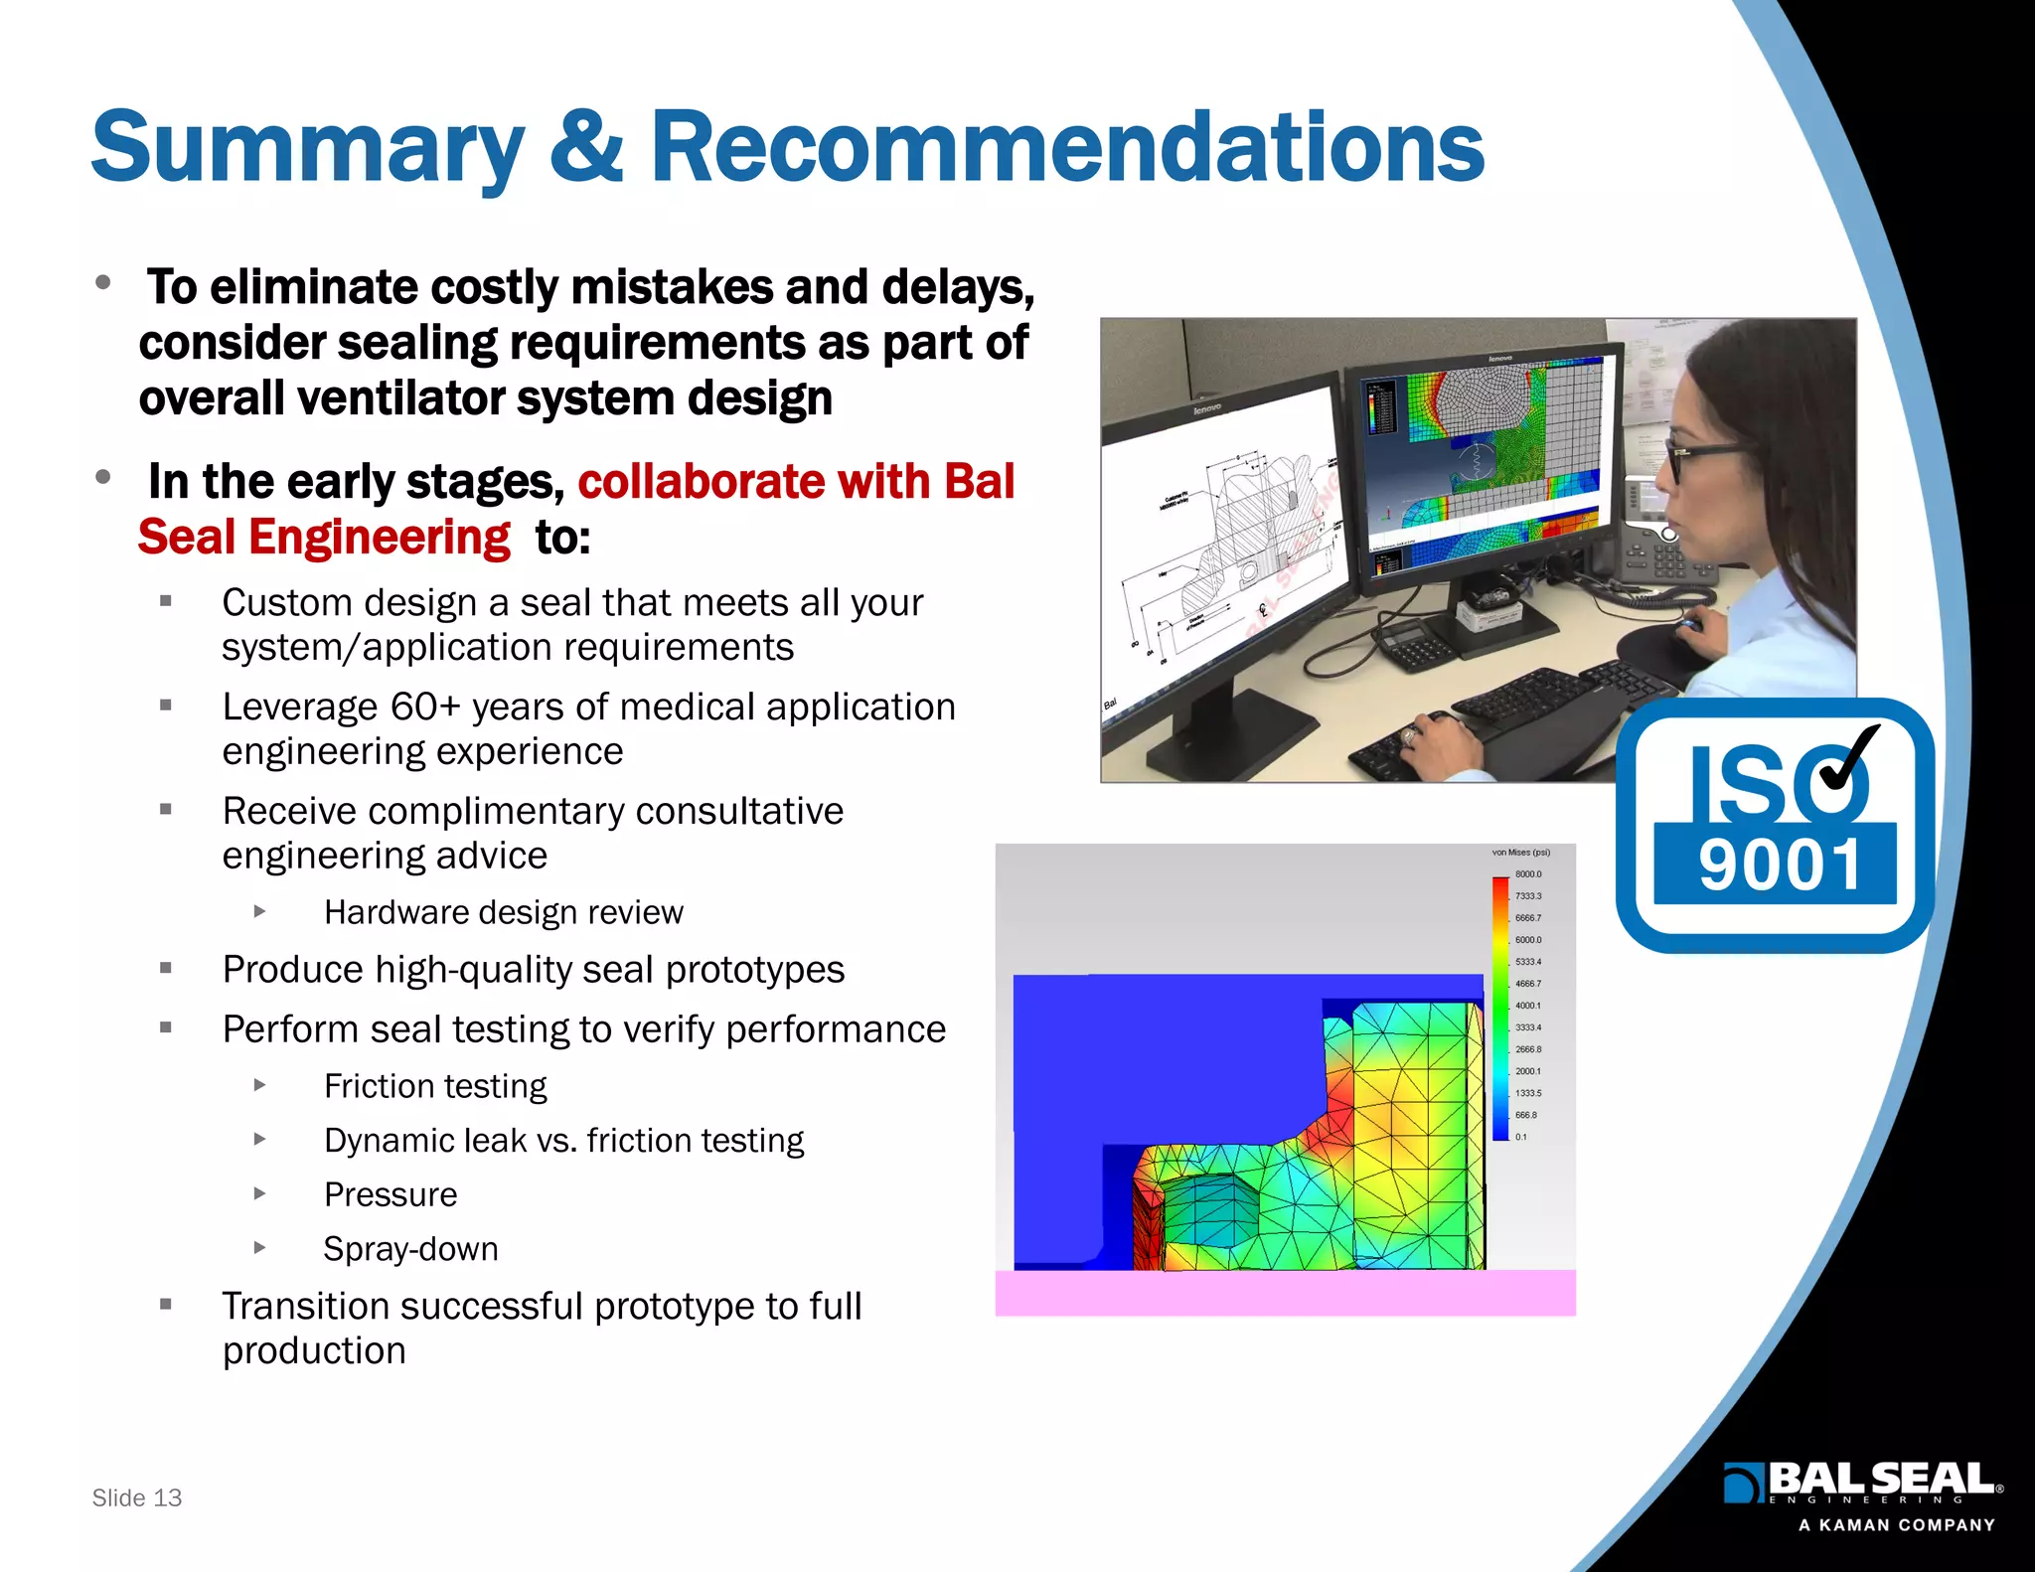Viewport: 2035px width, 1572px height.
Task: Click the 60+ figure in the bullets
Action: pyautogui.click(x=425, y=707)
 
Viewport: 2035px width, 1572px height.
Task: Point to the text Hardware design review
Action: pyautogui.click(x=503, y=912)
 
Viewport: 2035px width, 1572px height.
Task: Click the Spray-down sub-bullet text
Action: pyautogui.click(x=410, y=1248)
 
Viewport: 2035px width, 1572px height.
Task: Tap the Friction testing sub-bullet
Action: pyautogui.click(x=435, y=1086)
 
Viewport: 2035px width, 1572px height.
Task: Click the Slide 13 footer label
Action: pyautogui.click(x=137, y=1497)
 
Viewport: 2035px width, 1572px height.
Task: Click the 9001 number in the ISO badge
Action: pyautogui.click(x=1779, y=865)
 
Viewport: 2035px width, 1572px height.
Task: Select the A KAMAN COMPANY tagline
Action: pyautogui.click(x=1896, y=1525)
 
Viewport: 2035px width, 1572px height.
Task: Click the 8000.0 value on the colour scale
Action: pyautogui.click(x=1528, y=874)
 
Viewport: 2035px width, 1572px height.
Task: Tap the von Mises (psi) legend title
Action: pyautogui.click(x=1520, y=853)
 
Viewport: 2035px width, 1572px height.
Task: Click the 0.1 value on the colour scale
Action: pyautogui.click(x=1521, y=1137)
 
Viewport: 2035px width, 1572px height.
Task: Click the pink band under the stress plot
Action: pyautogui.click(x=1285, y=1293)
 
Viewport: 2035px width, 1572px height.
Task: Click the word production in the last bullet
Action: pyautogui.click(x=314, y=1351)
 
